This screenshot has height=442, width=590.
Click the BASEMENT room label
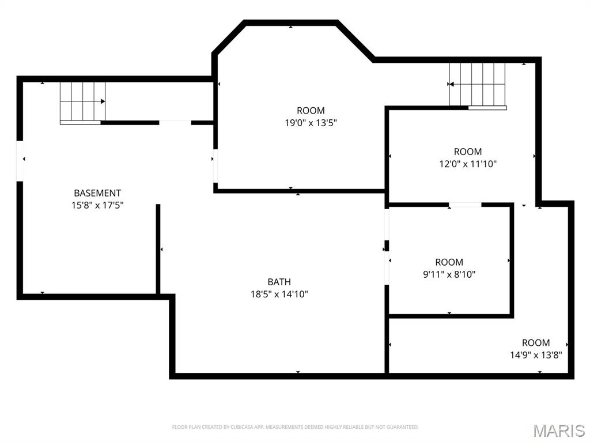pos(97,193)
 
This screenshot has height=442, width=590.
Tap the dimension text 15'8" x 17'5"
pos(97,206)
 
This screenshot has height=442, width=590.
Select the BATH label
pos(279,282)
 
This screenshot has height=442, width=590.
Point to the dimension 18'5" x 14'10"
pos(279,294)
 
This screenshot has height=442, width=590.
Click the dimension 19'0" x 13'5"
pos(311,123)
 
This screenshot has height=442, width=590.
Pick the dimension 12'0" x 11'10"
pos(468,164)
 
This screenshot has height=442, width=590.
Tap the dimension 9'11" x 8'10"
pos(449,274)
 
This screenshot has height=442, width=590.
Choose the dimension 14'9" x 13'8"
pos(536,355)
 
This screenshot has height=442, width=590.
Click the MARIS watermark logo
pos(559,430)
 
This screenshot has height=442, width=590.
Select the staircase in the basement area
pos(83,103)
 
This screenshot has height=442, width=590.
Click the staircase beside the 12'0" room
pos(478,86)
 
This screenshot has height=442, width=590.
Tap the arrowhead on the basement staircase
pos(103,101)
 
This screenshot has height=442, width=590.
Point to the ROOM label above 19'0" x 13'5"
pos(311,111)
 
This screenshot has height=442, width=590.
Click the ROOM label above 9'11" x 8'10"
pos(449,262)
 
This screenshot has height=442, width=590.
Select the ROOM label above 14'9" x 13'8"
pos(536,343)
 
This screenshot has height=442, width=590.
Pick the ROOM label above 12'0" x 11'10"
pos(468,152)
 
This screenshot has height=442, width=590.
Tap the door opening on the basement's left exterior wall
pos(20,161)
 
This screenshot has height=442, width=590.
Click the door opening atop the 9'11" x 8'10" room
pos(465,205)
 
